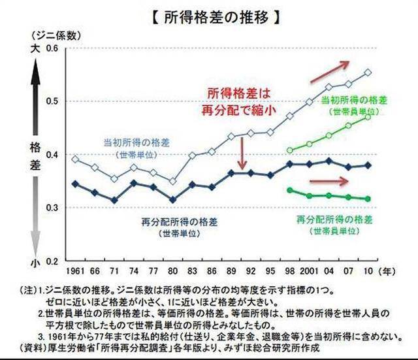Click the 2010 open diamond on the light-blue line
click(x=368, y=73)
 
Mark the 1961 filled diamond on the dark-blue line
click(x=75, y=184)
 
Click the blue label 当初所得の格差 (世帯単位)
click(x=135, y=148)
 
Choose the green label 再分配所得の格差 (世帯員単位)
click(x=334, y=223)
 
